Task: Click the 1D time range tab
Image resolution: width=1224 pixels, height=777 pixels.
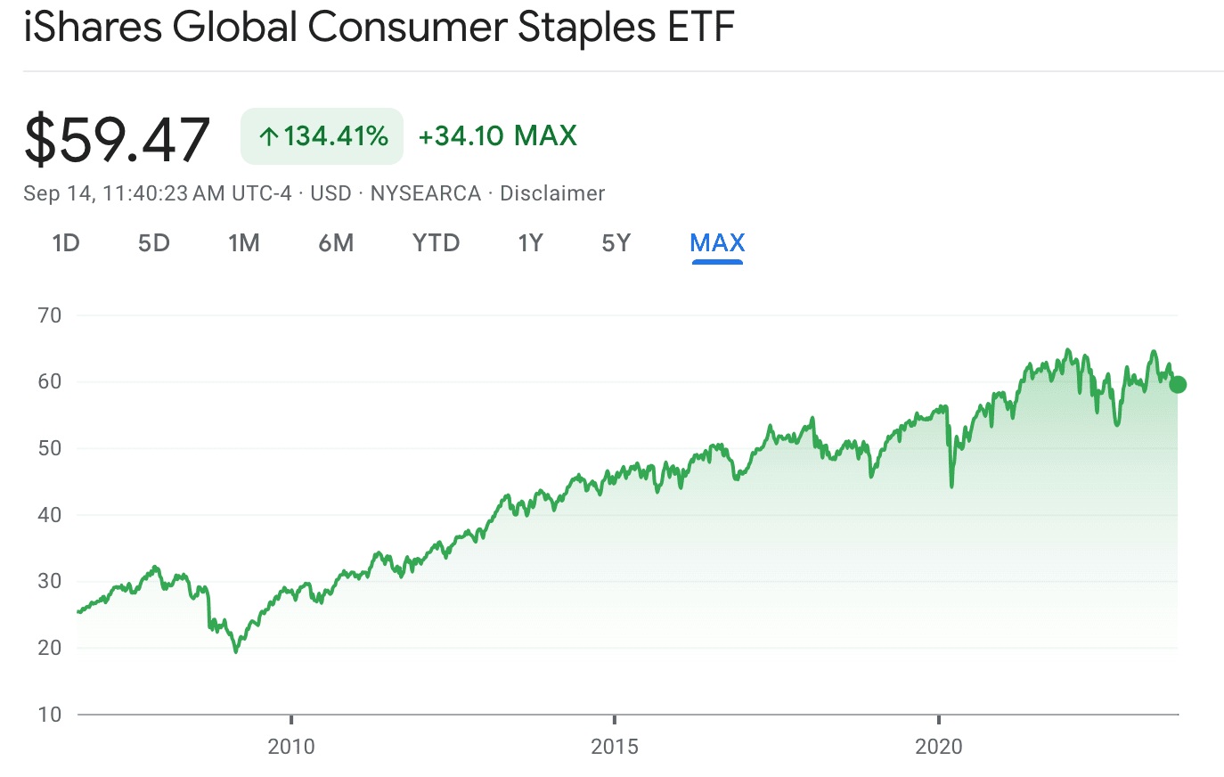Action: tap(66, 243)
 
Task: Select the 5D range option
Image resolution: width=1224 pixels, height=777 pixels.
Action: tap(153, 243)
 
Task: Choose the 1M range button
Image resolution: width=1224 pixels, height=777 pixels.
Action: tap(244, 243)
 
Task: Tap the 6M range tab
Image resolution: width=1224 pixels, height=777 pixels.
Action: tap(336, 243)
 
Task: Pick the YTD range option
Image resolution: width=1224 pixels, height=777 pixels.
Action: tap(436, 243)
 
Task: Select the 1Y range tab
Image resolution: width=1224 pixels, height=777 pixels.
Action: tap(531, 243)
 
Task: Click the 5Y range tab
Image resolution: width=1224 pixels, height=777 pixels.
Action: tap(616, 243)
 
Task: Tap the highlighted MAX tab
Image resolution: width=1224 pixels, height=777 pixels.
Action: tap(717, 243)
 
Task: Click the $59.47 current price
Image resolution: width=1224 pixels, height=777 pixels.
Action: tap(117, 139)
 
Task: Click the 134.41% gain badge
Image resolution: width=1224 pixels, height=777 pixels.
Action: tap(322, 136)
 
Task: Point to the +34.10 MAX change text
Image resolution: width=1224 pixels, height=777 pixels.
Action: tap(497, 136)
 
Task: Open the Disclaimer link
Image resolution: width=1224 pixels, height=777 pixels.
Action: tap(552, 193)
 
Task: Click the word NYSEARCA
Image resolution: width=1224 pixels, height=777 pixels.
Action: tap(426, 193)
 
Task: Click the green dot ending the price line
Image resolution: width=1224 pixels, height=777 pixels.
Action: tap(1178, 385)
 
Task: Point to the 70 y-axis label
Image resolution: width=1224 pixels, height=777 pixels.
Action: tap(50, 315)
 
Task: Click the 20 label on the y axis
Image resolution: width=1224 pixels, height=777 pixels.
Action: tap(50, 648)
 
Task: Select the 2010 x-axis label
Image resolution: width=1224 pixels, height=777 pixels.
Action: tap(291, 747)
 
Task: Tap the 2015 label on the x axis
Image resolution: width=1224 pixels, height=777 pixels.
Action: tap(615, 747)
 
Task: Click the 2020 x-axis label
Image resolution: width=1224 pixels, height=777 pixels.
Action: tap(939, 747)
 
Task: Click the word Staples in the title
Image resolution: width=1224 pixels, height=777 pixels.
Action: tap(586, 28)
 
